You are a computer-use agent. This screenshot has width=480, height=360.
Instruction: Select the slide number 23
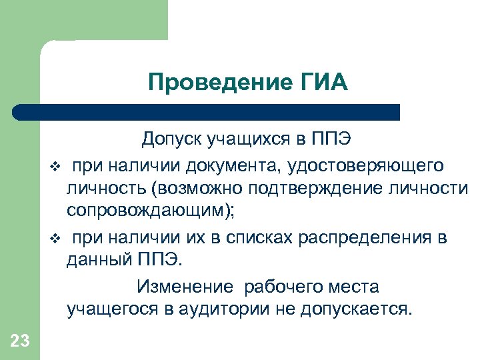[20, 341]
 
